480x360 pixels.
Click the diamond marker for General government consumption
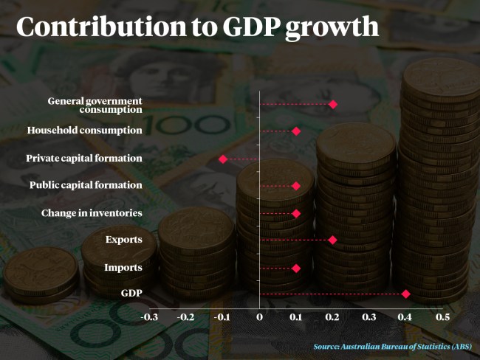point(333,104)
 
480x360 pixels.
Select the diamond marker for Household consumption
point(296,131)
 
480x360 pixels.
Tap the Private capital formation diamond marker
point(223,159)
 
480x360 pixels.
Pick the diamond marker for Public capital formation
point(296,186)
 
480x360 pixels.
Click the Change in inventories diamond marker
point(296,213)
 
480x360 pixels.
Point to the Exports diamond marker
point(332,240)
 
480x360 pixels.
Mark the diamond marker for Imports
point(296,268)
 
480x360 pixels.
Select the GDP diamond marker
point(405,294)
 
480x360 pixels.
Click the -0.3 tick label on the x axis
point(149,316)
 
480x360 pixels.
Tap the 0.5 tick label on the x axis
point(442,316)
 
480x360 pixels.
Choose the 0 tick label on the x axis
point(259,316)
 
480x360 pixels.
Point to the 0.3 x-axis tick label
point(368,316)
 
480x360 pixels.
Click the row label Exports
point(123,240)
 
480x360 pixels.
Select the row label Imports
point(123,267)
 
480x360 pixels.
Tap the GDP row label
point(131,294)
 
